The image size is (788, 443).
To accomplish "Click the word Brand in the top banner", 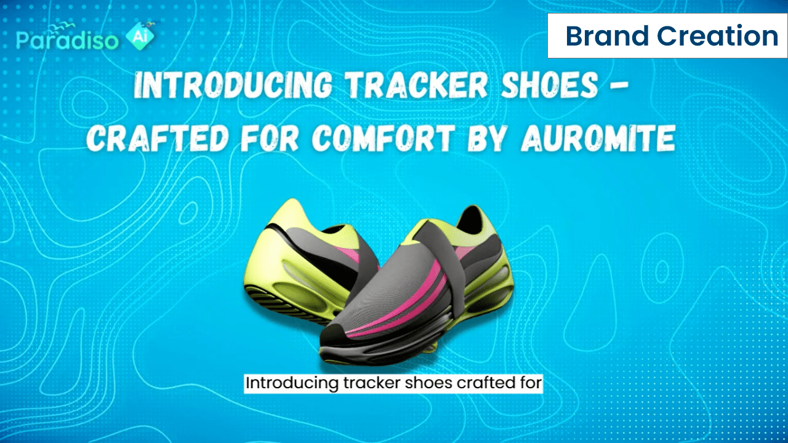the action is (607, 36).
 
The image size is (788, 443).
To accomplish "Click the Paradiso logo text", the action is (68, 40).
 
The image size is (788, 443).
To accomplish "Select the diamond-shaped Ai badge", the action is (140, 36).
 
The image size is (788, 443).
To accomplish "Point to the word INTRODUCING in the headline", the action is (233, 85).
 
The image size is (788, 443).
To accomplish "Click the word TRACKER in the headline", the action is (416, 85).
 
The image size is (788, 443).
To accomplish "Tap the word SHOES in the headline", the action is (550, 85).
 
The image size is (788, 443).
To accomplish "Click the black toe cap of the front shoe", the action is (334, 334).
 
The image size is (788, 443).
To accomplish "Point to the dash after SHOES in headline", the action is (619, 86).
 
